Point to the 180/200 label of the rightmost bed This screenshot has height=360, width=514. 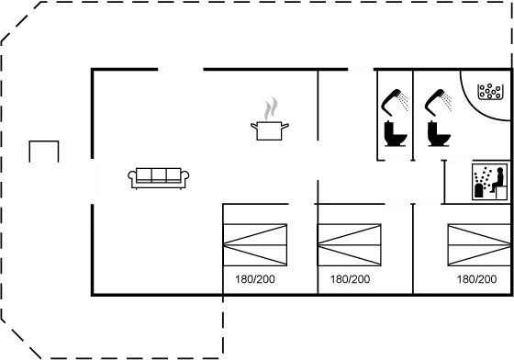pos(475,277)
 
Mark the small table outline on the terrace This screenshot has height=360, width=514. pos(43,152)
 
